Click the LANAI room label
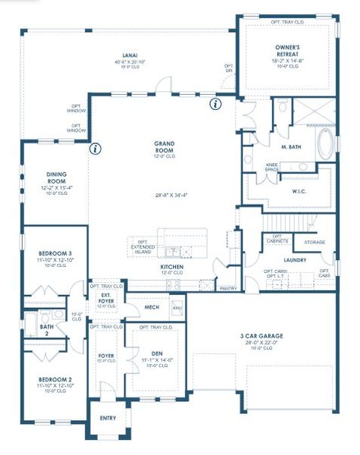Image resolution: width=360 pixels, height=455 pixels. (x=130, y=55)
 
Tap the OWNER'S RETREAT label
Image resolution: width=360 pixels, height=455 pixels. (x=287, y=51)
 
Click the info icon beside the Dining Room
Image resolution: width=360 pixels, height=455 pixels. (x=95, y=149)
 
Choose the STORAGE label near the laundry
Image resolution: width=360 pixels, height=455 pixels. (x=315, y=243)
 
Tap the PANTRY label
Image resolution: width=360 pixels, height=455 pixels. (x=227, y=288)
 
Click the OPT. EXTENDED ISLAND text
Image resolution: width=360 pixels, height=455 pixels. (x=142, y=247)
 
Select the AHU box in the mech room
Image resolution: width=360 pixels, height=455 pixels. (x=177, y=308)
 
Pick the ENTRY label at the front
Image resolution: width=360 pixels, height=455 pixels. (x=108, y=418)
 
